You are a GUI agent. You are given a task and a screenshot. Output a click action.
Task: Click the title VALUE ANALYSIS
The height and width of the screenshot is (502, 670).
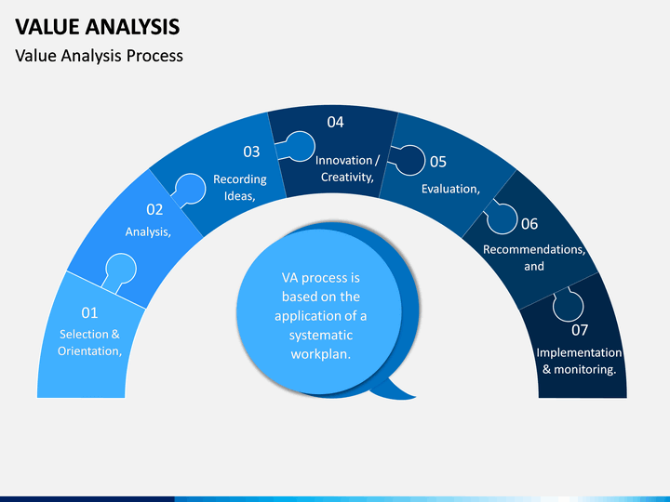coord(98,26)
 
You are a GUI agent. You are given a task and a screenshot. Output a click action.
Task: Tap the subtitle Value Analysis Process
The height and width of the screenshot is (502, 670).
coord(100,56)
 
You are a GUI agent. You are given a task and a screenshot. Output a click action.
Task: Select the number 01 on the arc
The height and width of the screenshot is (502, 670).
coord(89,313)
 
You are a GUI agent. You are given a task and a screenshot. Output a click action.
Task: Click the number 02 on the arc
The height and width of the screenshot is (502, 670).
coord(154,209)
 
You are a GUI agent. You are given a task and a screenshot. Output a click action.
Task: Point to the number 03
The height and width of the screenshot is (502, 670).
coord(251,152)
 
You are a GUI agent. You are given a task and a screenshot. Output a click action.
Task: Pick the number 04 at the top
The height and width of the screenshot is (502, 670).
coord(335,122)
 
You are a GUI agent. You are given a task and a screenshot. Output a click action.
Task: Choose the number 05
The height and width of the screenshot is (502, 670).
coord(438,162)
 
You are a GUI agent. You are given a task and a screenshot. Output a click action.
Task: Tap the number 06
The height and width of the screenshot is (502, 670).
coord(529,224)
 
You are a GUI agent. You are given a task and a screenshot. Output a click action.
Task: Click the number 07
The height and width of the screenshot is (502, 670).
coord(580,330)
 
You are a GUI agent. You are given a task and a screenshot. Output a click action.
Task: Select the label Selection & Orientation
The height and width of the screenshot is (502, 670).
coord(89,342)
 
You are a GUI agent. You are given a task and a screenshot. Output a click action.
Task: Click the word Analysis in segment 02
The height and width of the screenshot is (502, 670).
coord(147,231)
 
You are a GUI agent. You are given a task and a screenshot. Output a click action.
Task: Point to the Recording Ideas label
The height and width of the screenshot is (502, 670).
coord(240,188)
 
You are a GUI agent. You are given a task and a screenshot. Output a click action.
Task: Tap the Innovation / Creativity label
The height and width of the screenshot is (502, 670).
coord(347,168)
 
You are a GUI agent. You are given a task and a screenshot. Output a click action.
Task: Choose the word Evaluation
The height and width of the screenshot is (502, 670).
coord(449,189)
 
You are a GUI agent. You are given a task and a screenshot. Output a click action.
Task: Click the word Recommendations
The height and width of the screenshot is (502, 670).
coord(533,249)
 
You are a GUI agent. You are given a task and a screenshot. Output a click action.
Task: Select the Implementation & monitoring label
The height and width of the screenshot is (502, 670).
coord(580,361)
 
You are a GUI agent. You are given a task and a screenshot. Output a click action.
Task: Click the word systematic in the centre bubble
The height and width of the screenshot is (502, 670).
coord(321,335)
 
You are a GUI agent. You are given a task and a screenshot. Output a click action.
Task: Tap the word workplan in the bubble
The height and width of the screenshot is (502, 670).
coord(319,354)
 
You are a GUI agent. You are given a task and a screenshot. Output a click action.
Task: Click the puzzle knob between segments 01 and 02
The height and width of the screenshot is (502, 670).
coord(121,270)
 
